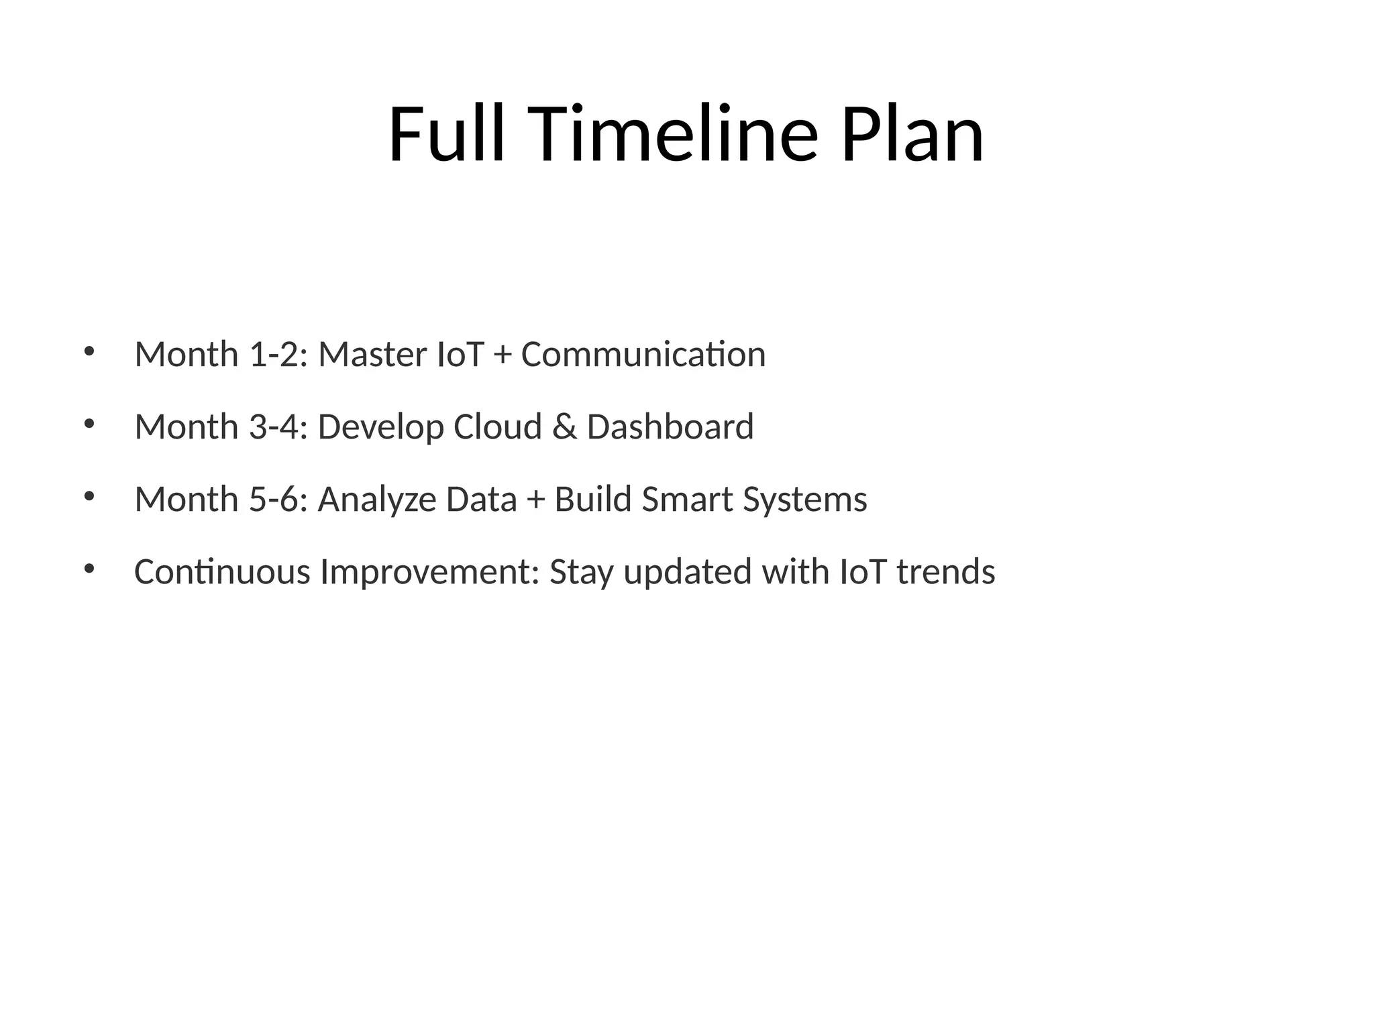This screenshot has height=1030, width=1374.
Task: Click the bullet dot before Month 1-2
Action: coord(89,351)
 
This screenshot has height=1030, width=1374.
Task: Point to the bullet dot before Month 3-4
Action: coord(89,424)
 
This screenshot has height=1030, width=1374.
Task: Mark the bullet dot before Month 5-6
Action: coord(89,496)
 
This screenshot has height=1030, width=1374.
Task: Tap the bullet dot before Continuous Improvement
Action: coord(89,569)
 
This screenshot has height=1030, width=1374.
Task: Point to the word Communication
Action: coord(643,355)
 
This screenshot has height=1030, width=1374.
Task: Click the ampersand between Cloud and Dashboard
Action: coord(564,427)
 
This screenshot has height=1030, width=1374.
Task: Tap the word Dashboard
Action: coord(670,427)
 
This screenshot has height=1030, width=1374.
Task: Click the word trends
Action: coord(946,572)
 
